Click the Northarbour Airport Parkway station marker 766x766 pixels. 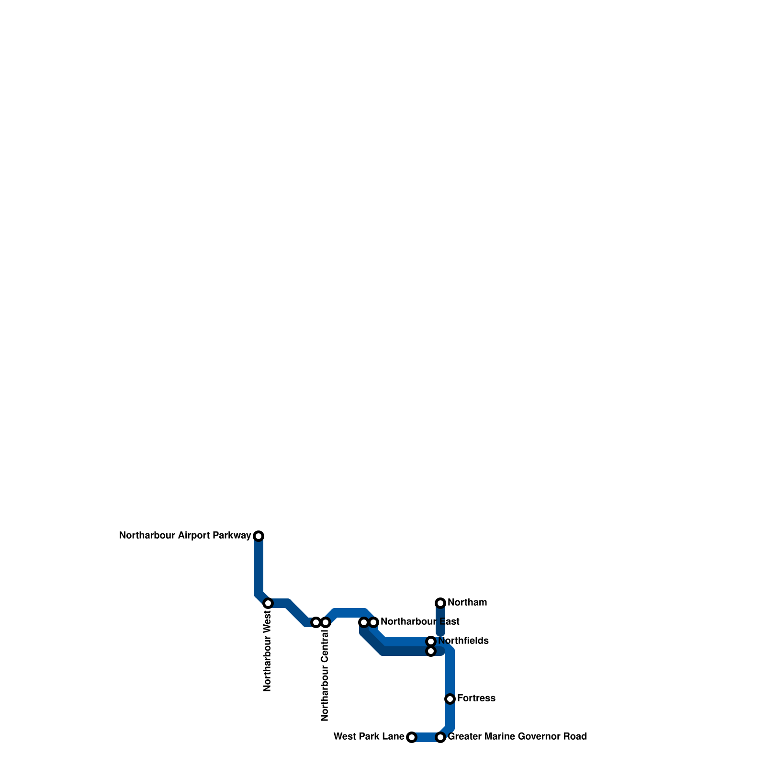[259, 536]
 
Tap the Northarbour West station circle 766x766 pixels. [268, 603]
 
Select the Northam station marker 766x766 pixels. [440, 603]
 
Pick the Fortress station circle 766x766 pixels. [450, 699]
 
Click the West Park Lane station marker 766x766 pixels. [412, 737]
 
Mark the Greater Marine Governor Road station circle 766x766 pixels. [440, 737]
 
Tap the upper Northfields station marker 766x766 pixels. [431, 642]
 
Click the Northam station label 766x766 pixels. [467, 602]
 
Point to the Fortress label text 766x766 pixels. [476, 698]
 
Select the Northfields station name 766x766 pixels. [463, 641]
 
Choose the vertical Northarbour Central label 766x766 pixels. [325, 676]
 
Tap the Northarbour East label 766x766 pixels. [420, 621]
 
